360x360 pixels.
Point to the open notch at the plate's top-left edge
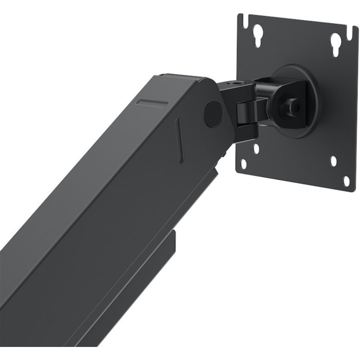tap(242, 19)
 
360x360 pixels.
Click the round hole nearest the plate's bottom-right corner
tap(346, 181)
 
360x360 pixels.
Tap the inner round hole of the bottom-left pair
tap(256, 148)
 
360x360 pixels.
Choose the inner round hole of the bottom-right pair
tap(333, 161)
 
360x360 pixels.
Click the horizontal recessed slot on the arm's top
tap(152, 102)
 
